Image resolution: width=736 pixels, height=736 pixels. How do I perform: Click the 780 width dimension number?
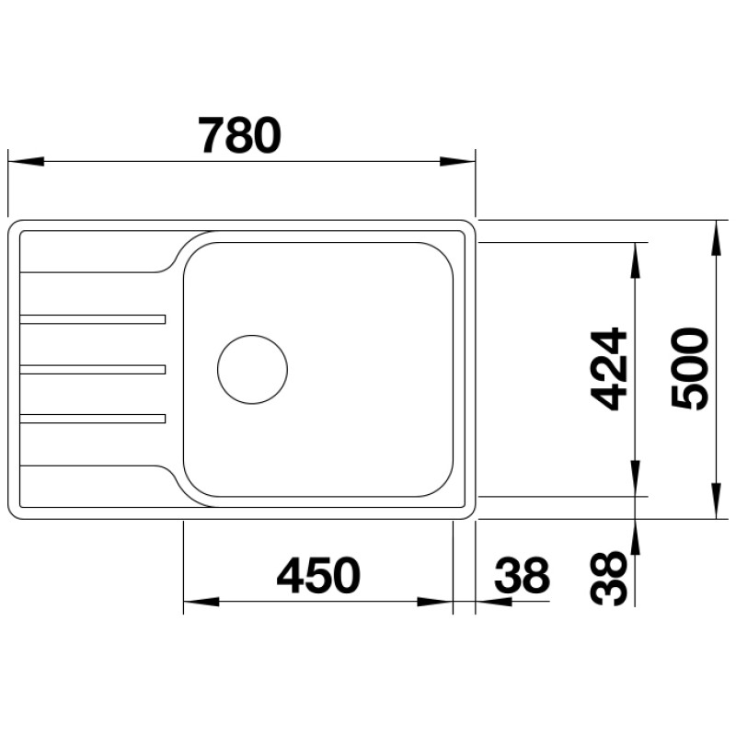239,136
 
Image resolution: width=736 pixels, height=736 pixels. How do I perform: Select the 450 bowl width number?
318,577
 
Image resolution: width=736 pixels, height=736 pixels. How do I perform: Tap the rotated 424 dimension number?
609,368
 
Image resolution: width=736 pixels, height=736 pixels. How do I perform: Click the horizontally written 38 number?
522,577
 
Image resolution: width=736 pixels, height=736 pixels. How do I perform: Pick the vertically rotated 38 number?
609,579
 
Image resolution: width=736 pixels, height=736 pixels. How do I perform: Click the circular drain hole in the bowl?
252,369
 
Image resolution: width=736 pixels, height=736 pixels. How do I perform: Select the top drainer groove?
92,319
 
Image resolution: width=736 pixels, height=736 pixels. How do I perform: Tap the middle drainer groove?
92,369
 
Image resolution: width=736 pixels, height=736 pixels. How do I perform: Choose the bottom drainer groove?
92,419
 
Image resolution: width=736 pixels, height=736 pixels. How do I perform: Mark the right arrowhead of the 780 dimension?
457,162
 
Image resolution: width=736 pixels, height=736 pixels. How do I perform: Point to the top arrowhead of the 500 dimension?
716,236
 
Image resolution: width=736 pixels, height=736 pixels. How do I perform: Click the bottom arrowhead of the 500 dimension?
716,502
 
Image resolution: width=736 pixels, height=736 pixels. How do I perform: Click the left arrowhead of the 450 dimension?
201,603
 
